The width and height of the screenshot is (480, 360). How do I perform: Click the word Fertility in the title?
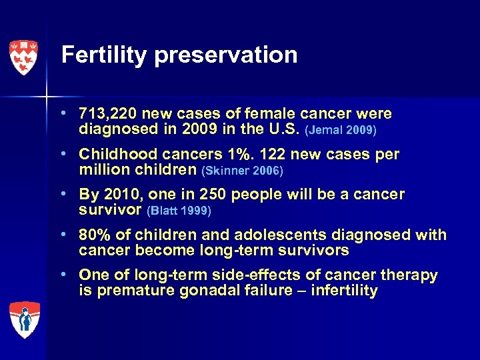point(104,55)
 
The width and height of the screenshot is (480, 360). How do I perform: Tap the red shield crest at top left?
point(23,57)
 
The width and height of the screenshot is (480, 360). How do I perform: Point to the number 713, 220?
point(109,114)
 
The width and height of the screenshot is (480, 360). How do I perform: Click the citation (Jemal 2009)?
point(340,130)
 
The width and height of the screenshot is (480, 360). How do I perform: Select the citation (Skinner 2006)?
point(242,171)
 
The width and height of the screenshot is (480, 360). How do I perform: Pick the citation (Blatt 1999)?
point(179,211)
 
